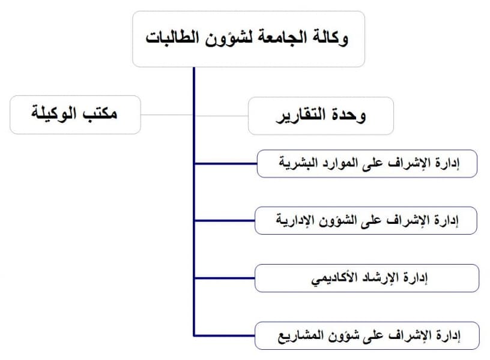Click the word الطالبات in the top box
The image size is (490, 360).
pyautogui.click(x=172, y=37)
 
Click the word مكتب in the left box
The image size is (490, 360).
pyautogui.click(x=100, y=113)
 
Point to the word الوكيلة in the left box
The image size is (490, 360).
pyautogui.click(x=54, y=113)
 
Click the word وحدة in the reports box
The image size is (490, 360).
pyautogui.click(x=349, y=116)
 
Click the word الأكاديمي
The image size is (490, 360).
pyautogui.click(x=334, y=278)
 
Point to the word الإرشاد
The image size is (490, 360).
pyautogui.click(x=379, y=277)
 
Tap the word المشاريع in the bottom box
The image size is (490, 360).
pyautogui.click(x=296, y=336)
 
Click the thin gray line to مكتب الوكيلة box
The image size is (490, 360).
pyautogui.click(x=166, y=115)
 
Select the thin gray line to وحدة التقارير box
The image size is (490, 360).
pyautogui.click(x=222, y=116)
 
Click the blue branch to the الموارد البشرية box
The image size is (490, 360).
pyautogui.click(x=226, y=163)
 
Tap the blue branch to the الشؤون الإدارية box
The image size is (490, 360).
pyautogui.click(x=225, y=220)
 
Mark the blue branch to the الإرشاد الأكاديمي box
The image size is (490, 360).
pyautogui.click(x=225, y=278)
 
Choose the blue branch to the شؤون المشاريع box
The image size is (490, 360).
pyautogui.click(x=225, y=335)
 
